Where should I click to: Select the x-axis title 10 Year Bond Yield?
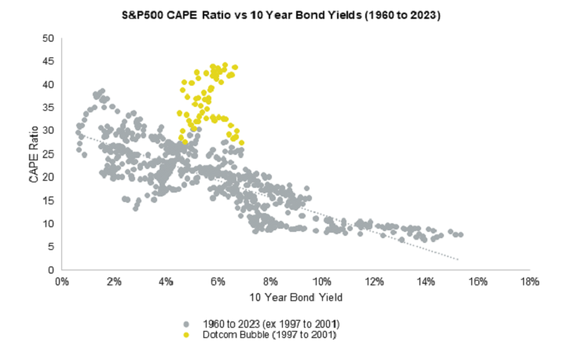tap(297, 298)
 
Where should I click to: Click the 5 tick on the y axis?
tap(49, 247)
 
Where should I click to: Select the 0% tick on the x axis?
tap(61, 281)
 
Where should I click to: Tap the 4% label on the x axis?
tap(166, 281)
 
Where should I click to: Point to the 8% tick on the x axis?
tap(270, 281)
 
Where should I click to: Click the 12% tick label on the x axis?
tap(373, 281)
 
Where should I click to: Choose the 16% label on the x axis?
tap(478, 281)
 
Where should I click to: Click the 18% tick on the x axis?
tap(530, 281)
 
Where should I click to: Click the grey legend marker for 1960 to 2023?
tap(186, 324)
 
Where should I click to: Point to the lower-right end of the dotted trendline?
tap(458, 259)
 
